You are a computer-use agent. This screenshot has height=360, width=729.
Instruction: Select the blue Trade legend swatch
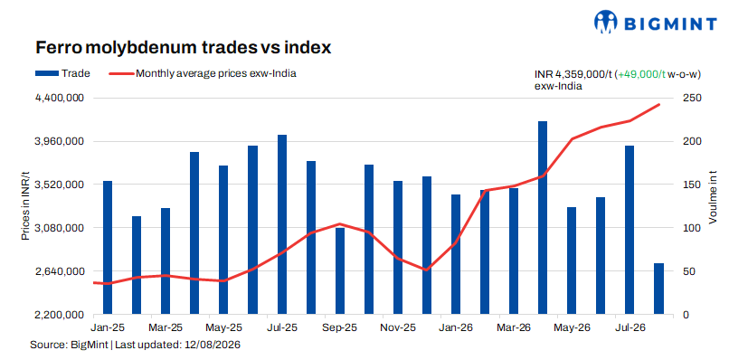point(46,73)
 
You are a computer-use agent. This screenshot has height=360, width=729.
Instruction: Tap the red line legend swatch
point(120,73)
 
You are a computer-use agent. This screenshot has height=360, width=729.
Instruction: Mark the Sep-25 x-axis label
point(339,327)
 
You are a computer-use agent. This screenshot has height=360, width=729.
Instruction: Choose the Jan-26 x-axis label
point(456,327)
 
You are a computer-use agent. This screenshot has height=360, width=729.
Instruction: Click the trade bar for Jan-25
point(108,248)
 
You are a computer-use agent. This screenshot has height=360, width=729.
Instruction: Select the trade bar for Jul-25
point(282,224)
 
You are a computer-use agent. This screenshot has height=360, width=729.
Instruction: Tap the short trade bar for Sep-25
point(340,271)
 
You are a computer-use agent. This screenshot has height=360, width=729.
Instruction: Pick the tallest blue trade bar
point(543,218)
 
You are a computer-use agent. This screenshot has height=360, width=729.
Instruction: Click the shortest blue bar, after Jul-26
point(658,289)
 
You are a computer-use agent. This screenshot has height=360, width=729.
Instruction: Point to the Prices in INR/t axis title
point(25,205)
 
